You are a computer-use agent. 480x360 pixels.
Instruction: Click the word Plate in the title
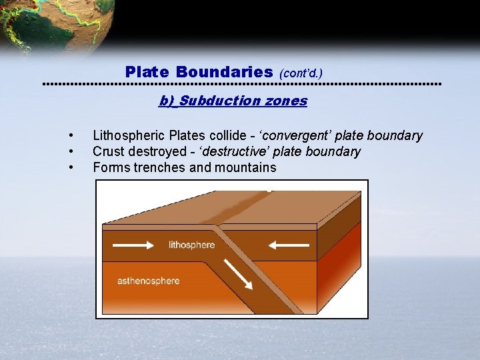coord(147,71)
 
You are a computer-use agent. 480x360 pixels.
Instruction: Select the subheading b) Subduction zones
coord(233,101)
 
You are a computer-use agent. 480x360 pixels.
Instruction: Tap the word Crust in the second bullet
coord(108,152)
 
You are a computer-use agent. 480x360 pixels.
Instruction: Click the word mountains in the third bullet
coord(245,167)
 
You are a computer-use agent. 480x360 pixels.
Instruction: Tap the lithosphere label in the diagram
coord(192,245)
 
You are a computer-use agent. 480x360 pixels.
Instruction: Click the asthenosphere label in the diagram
coord(148,281)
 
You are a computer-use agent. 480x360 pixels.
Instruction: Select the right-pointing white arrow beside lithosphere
coord(133,245)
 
